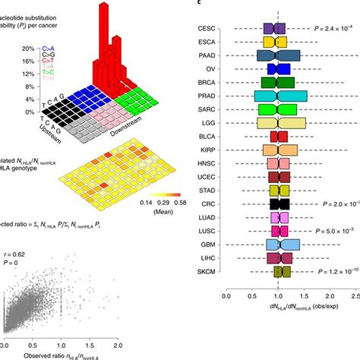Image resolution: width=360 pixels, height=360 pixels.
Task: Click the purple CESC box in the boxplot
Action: click(274, 29)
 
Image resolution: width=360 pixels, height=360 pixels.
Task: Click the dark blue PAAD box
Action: click(278, 55)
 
